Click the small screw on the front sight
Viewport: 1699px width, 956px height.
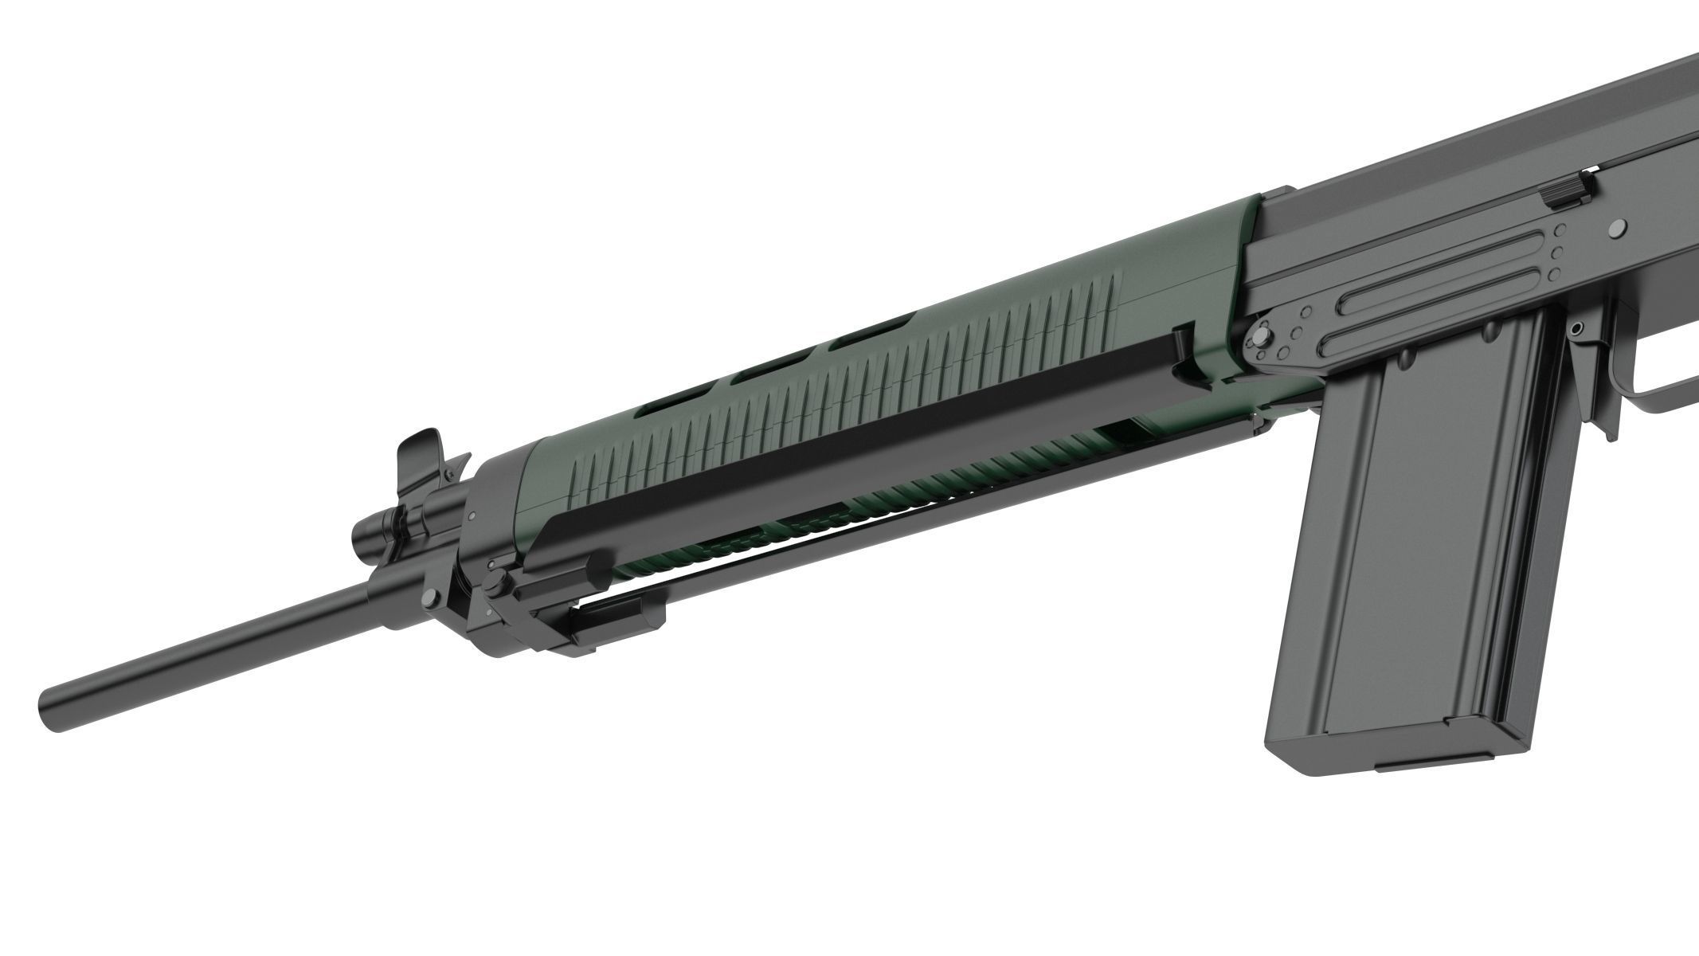(x=451, y=476)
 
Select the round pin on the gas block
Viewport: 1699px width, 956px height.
(x=431, y=595)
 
